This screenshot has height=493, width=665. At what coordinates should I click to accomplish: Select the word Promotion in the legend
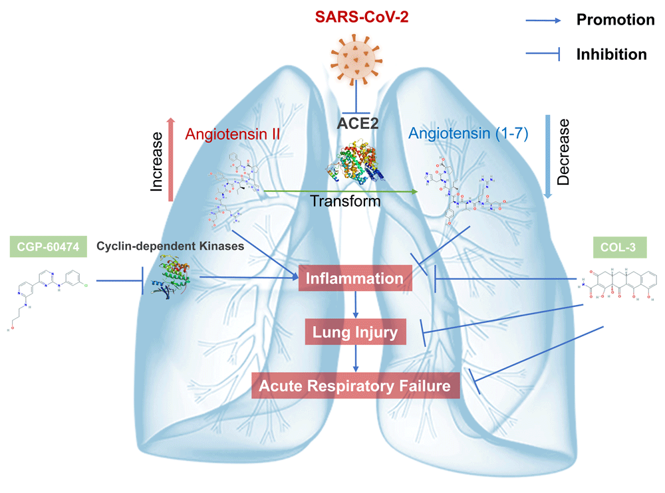coord(615,20)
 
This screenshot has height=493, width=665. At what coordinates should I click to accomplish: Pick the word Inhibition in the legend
coord(611,54)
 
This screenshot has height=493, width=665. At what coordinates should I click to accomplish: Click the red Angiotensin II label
coord(231,134)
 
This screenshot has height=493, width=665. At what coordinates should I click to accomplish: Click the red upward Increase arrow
coord(171,159)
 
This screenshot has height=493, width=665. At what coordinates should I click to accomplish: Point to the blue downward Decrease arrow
coord(549,157)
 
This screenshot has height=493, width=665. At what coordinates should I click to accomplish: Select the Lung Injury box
coord(356,332)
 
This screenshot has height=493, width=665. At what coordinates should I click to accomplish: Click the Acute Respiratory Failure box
coord(356,385)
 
